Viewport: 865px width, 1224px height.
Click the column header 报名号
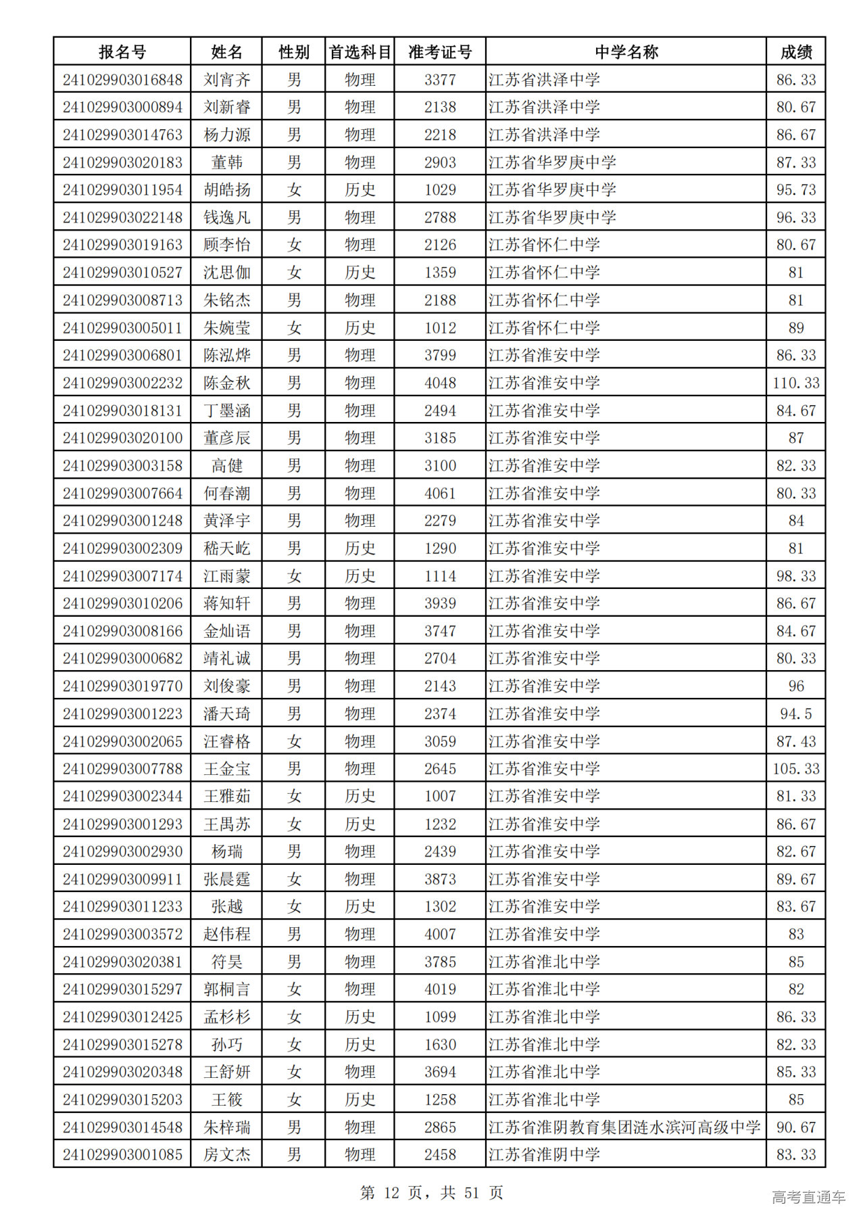[122, 52]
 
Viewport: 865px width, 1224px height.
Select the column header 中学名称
[626, 52]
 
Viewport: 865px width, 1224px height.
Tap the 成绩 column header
[796, 52]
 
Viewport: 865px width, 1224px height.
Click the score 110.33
[796, 383]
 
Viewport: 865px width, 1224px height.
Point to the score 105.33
[796, 769]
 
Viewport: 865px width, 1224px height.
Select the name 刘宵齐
[227, 80]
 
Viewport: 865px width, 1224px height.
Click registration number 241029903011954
[122, 190]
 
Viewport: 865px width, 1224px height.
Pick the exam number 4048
[440, 383]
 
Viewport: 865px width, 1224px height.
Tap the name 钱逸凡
[227, 218]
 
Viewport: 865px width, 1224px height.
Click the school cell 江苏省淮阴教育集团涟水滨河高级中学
[624, 1127]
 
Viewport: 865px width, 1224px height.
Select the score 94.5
[796, 713]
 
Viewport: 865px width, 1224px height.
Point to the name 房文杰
[227, 1154]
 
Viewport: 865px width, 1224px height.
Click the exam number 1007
[440, 796]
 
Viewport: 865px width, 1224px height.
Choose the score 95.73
[796, 190]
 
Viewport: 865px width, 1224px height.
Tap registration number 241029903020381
[122, 962]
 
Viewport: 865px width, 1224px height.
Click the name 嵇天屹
[227, 548]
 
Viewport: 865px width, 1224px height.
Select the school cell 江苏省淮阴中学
[545, 1154]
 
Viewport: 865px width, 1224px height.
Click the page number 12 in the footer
[391, 1192]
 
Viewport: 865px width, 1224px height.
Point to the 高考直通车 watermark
[808, 1197]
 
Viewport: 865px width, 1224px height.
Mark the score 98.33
[796, 576]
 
